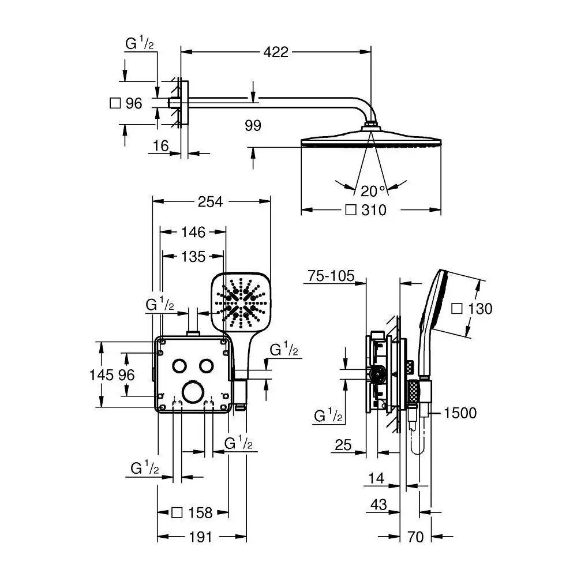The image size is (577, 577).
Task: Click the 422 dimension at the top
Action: tap(275, 52)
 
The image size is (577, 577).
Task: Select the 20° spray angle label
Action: tap(372, 191)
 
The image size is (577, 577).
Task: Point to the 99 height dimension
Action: tap(253, 125)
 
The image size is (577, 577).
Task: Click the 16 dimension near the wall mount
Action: tap(160, 146)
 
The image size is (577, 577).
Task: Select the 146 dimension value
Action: tap(193, 232)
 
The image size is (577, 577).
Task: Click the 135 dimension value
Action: tap(193, 256)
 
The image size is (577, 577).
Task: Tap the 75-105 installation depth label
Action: tap(331, 276)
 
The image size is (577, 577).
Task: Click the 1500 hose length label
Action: tap(460, 413)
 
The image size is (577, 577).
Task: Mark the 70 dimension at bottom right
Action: tap(415, 537)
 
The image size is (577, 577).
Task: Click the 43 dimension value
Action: tap(379, 504)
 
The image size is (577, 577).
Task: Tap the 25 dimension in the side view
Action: tap(343, 444)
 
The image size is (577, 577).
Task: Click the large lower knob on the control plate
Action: tap(192, 392)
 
